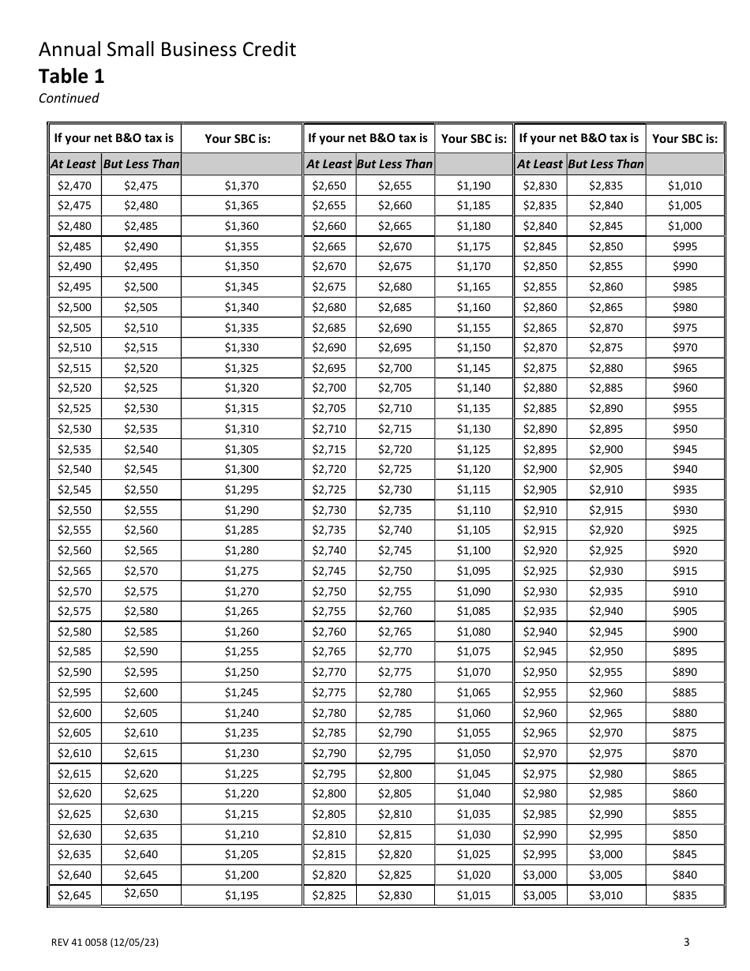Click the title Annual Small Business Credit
[167, 50]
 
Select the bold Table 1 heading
[71, 76]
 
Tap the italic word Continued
[69, 98]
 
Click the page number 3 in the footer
[686, 941]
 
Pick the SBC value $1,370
[241, 186]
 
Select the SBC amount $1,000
[684, 226]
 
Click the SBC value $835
[684, 895]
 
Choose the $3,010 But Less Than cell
[606, 895]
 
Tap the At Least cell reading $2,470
[74, 186]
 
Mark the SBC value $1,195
[241, 895]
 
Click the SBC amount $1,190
[473, 186]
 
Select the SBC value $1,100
[473, 550]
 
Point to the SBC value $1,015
[473, 895]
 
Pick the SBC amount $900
[684, 632]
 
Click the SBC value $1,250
[241, 672]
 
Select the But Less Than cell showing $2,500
[141, 287]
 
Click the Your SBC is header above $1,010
[684, 138]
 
